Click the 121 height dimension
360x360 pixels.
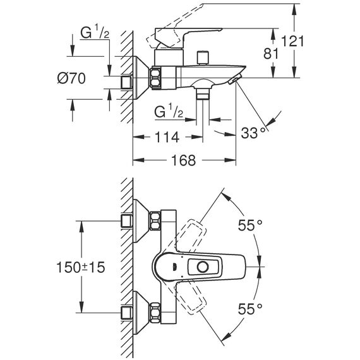coord(292,41)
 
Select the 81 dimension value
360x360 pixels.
coord(271,54)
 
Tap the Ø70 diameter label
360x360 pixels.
coord(71,78)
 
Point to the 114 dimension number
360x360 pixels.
coord(167,137)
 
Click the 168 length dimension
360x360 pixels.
coord(183,160)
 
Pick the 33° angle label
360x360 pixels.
coord(255,133)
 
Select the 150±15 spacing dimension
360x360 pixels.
coord(81,267)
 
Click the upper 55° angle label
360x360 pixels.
coord(250,225)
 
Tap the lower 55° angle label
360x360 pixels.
coord(250,309)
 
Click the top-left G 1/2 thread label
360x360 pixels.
coord(95,32)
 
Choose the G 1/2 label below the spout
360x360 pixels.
coord(169,111)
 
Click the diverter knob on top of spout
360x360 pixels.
coord(203,57)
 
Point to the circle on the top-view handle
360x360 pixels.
coord(203,267)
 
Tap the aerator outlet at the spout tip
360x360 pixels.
coord(236,79)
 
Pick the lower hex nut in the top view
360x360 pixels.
coord(155,312)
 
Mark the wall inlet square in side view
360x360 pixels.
coord(126,83)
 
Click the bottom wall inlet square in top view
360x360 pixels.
coord(126,312)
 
